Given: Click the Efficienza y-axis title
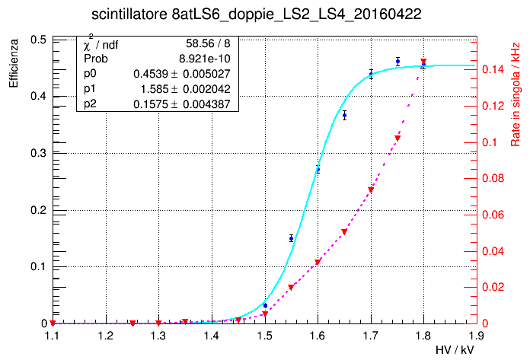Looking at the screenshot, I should (14, 62).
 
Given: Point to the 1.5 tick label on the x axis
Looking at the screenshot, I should (264, 334).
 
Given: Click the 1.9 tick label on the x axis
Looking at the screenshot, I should (477, 334).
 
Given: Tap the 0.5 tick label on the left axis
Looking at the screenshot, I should (37, 40).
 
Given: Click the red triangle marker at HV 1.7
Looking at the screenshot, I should (371, 190).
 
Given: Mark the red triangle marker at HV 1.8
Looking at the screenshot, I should (423, 62).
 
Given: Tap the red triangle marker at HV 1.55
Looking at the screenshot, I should (291, 287).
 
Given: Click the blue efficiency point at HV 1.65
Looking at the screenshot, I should (344, 116).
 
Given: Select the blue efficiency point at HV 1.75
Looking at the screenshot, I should (397, 61).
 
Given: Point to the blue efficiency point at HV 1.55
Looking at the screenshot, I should (291, 238).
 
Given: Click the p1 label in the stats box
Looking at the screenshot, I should (91, 88).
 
